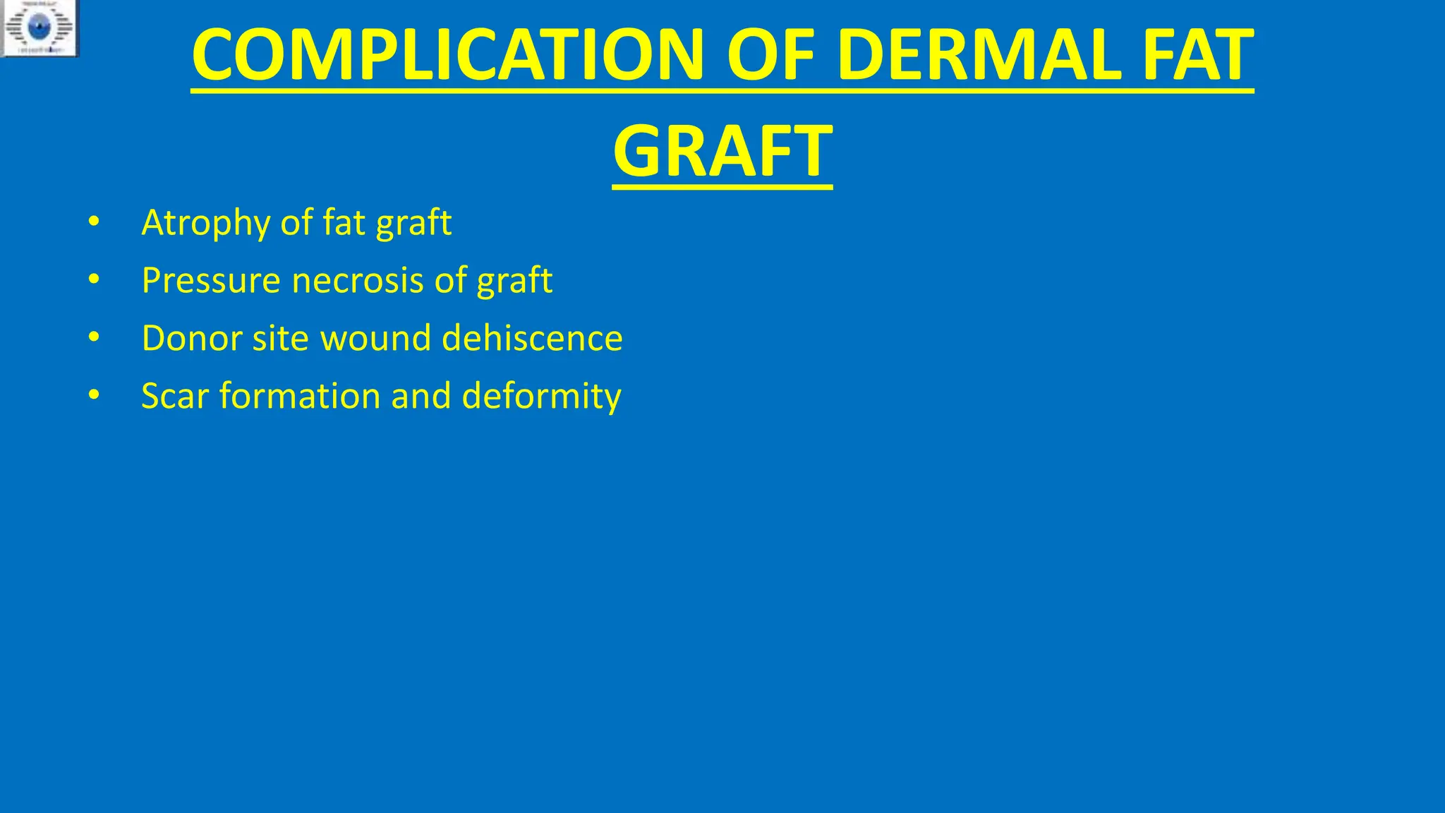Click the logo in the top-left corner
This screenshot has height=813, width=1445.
point(40,28)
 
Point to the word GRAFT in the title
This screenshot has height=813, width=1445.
point(722,151)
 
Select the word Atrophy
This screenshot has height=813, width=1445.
point(205,223)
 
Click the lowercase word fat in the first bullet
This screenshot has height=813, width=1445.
point(344,223)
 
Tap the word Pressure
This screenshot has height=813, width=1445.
point(211,281)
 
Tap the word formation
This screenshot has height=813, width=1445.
point(299,396)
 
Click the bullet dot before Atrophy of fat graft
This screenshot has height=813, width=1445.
point(94,223)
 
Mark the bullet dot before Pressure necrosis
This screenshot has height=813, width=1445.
point(94,281)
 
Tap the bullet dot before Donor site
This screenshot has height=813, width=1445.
point(94,338)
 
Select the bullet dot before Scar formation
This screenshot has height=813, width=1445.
point(94,396)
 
